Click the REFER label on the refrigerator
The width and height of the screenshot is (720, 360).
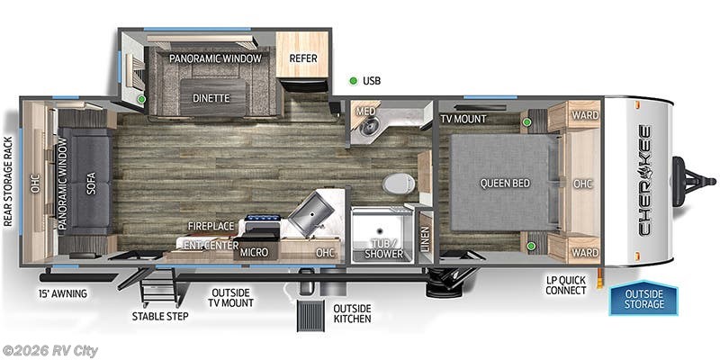(302, 58)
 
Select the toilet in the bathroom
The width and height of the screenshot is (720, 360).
(396, 184)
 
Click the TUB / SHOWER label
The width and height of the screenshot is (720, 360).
(377, 249)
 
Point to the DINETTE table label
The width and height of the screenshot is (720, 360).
(212, 97)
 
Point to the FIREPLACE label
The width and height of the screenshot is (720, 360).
(211, 227)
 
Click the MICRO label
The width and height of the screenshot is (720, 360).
(253, 252)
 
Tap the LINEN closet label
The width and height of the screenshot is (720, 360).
(426, 239)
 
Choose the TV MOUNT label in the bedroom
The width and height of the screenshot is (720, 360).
(463, 119)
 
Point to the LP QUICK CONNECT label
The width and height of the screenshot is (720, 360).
(565, 285)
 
